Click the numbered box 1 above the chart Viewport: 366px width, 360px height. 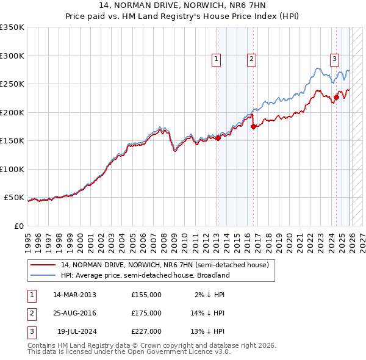coord(217,59)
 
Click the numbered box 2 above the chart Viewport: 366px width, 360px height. coord(251,59)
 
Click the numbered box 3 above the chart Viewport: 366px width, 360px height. coord(335,59)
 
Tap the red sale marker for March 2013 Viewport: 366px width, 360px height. coord(218,138)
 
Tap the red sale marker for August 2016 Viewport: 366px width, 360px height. coord(254,127)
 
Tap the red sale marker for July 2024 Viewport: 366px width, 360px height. coord(336,97)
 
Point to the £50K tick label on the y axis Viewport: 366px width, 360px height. coord(14,198)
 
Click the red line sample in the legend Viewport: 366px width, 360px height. coord(43,265)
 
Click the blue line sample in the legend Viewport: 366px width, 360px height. coord(43,275)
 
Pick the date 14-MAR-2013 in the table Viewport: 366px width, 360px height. coord(74,295)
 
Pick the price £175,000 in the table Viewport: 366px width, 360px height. coord(146,313)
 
